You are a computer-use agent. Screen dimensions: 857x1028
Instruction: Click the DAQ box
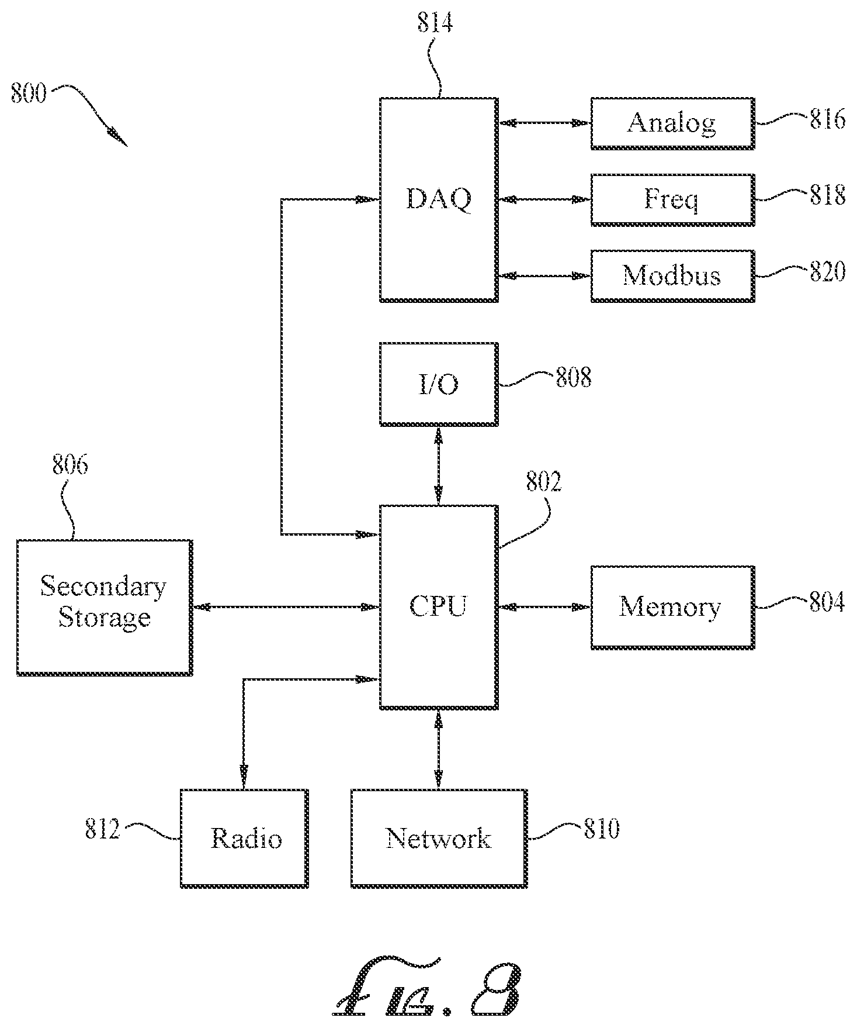point(439,199)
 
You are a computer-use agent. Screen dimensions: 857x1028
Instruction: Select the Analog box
point(672,123)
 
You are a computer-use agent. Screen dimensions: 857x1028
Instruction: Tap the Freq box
point(672,199)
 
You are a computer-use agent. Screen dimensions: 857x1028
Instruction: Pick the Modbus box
point(672,276)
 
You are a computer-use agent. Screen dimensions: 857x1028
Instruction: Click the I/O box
point(439,384)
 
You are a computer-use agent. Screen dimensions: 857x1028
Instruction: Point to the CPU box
point(439,607)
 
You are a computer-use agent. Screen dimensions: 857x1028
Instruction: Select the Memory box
point(672,607)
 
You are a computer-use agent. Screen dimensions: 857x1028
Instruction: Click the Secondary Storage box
point(105,608)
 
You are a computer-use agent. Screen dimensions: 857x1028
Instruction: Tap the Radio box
point(244,839)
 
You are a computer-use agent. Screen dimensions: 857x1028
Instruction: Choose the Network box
point(439,839)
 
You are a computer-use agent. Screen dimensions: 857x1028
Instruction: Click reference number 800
point(29,94)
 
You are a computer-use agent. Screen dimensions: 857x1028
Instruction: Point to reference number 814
point(435,23)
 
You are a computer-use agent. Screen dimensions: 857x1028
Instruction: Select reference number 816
point(827,119)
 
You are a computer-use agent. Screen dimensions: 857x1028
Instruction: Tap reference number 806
point(70,465)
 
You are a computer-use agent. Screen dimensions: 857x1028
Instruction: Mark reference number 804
point(827,602)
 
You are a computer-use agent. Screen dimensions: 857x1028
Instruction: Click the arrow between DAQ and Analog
point(544,123)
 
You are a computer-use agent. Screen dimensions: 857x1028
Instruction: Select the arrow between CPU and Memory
point(544,607)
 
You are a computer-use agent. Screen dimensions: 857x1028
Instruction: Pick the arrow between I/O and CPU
point(439,465)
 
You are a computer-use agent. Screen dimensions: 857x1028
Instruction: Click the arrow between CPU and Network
point(439,749)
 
